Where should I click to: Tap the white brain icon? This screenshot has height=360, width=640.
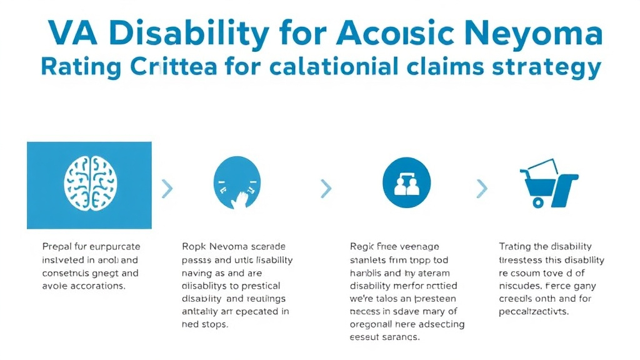tap(89, 184)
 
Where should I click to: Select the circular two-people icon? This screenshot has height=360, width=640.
tap(407, 182)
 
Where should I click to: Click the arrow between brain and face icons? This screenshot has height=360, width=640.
tap(166, 187)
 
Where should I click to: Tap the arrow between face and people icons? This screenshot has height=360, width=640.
tap(325, 187)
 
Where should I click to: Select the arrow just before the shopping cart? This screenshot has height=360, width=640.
tap(481, 187)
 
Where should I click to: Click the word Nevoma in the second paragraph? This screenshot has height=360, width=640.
tap(224, 247)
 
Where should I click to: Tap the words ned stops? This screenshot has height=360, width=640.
tap(205, 325)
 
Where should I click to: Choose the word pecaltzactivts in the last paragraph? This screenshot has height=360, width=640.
tap(534, 311)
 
